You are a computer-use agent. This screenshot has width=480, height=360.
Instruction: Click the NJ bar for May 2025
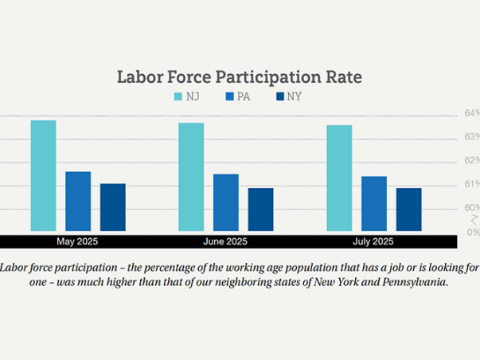click(x=43, y=176)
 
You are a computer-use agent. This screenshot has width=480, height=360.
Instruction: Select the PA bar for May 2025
click(x=78, y=202)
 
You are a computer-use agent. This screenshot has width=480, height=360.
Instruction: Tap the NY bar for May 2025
click(x=112, y=207)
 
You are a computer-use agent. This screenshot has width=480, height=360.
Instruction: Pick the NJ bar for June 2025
click(x=191, y=177)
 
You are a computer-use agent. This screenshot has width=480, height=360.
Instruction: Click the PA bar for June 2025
click(x=226, y=202)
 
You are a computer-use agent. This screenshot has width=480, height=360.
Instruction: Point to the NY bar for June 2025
click(x=260, y=209)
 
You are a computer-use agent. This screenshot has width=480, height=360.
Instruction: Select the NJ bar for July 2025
click(x=339, y=178)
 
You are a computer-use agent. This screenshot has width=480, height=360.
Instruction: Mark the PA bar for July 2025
click(x=374, y=204)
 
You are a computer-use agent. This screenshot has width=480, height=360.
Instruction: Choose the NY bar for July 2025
click(x=408, y=209)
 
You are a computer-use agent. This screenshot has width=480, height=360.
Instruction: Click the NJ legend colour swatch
click(x=179, y=97)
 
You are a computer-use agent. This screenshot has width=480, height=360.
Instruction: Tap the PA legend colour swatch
click(x=229, y=97)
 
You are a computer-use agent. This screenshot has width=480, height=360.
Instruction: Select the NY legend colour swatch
click(x=279, y=97)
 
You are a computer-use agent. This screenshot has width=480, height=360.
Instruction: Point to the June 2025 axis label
click(x=225, y=241)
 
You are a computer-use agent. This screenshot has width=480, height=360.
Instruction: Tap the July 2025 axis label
click(x=373, y=241)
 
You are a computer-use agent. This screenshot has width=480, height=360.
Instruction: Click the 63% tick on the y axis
click(x=472, y=137)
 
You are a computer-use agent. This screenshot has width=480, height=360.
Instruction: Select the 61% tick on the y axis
click(x=472, y=185)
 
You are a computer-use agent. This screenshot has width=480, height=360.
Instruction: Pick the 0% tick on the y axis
click(x=473, y=232)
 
